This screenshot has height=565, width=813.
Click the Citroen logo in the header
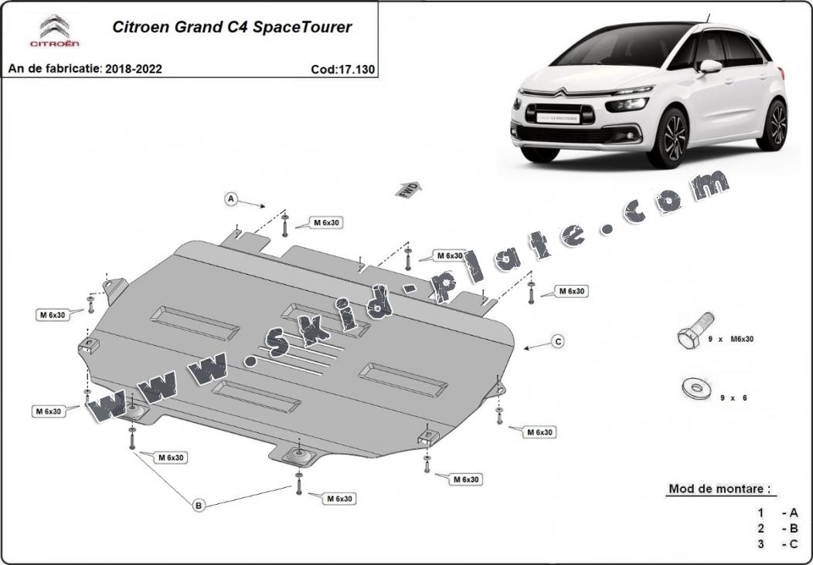54,32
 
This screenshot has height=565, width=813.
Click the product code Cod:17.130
342,69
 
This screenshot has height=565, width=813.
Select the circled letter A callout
230,199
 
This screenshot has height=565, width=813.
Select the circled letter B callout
199,506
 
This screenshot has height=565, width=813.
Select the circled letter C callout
557,340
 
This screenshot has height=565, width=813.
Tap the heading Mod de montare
719,489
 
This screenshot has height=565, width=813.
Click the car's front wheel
668,138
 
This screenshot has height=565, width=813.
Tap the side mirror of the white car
709,67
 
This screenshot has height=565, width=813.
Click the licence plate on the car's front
557,118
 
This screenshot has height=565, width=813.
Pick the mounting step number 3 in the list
760,544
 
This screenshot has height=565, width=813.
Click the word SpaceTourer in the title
304,27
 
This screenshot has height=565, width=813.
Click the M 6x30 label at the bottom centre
338,499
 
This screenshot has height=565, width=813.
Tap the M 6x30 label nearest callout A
327,222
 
